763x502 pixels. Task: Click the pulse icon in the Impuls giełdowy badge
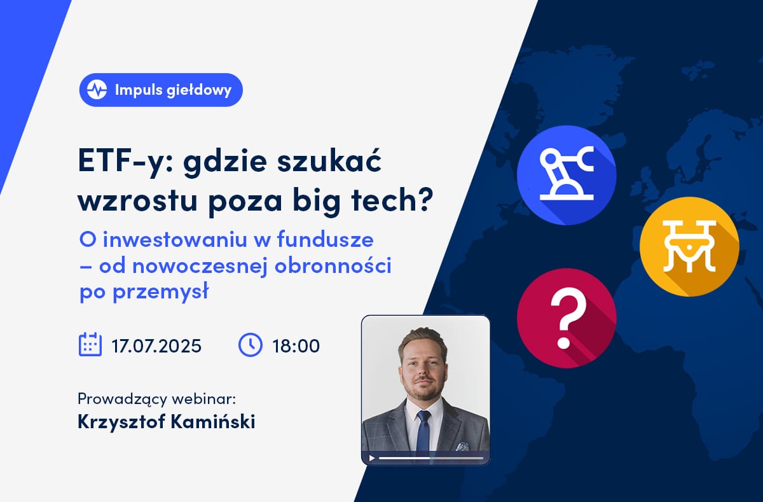[97, 90]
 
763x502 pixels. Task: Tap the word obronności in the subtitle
[333, 265]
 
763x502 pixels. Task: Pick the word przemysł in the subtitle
[160, 292]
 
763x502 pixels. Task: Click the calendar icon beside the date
[90, 345]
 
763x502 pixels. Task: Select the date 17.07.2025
[156, 346]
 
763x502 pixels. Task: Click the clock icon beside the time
[251, 345]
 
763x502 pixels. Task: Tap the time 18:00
[296, 346]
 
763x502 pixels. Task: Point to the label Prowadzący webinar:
[156, 399]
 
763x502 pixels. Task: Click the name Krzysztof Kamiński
[167, 422]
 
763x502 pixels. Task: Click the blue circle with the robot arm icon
[567, 175]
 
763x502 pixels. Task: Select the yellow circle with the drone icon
[689, 246]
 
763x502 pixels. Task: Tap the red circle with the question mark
[567, 318]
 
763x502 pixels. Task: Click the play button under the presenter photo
[372, 458]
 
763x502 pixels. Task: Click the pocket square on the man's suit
[462, 446]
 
